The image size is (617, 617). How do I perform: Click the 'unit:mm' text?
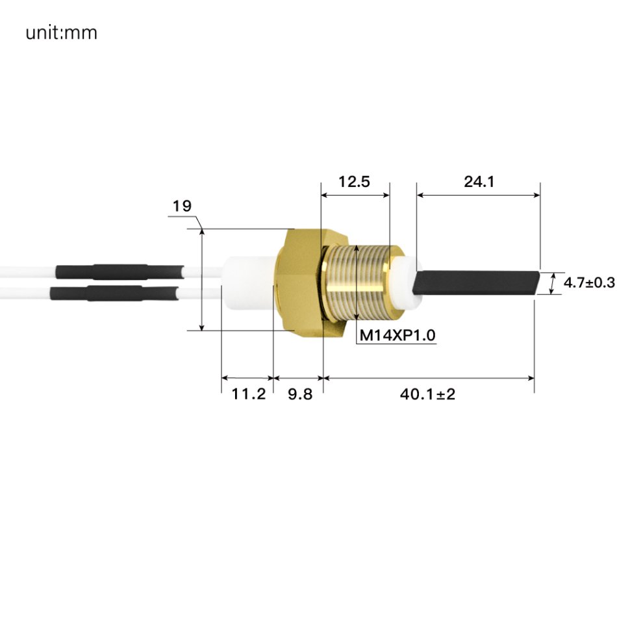[62, 32]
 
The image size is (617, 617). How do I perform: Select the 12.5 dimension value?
[354, 182]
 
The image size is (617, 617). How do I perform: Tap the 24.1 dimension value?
[479, 182]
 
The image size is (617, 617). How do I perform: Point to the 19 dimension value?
[182, 207]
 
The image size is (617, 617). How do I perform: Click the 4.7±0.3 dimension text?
[588, 283]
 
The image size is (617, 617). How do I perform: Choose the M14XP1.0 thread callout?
[397, 336]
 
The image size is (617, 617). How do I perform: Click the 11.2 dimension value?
[249, 394]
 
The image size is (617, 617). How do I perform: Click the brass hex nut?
[299, 283]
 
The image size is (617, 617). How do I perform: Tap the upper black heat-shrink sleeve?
[120, 271]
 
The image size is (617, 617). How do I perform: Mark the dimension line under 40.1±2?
[429, 377]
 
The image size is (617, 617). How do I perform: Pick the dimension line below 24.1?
[479, 194]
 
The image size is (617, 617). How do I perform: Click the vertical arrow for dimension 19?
[202, 279]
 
